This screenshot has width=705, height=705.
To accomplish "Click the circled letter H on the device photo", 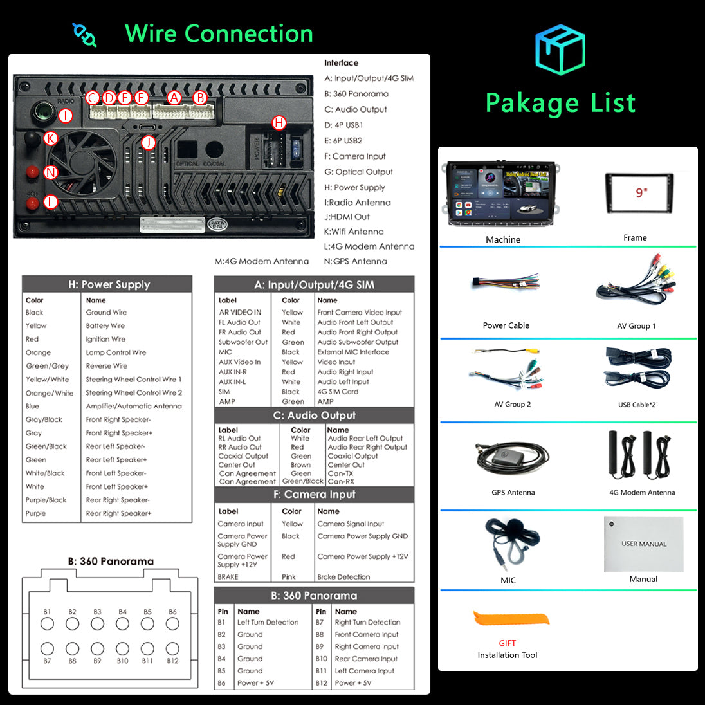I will tap(279, 123).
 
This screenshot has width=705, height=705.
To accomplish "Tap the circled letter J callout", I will tap(149, 142).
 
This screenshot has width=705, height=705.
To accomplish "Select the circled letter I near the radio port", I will tap(65, 116).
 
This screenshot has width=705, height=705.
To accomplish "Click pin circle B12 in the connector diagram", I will tap(172, 648).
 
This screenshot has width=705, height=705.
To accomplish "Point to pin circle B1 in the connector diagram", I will tap(47, 623).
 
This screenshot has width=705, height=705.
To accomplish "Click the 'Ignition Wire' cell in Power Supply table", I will tap(106, 339).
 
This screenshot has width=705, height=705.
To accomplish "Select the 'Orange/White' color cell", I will tap(50, 393).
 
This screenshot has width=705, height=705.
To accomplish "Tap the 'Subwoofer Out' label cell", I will tap(243, 342).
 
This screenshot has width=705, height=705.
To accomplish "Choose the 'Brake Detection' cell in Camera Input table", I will tap(343, 577).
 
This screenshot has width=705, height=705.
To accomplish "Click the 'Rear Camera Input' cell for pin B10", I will tap(366, 659).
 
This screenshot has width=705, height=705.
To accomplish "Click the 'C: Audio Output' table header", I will tap(314, 416).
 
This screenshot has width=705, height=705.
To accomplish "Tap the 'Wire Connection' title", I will tap(219, 33).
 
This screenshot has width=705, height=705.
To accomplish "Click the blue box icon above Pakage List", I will tap(560, 49).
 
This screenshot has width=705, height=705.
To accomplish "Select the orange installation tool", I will tap(512, 619).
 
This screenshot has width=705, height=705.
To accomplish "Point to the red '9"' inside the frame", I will tap(641, 192).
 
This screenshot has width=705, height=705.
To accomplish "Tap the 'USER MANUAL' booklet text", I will tap(644, 544).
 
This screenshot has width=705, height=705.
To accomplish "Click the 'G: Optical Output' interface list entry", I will tap(358, 172).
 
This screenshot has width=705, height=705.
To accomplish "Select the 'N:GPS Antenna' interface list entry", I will tap(355, 261).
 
